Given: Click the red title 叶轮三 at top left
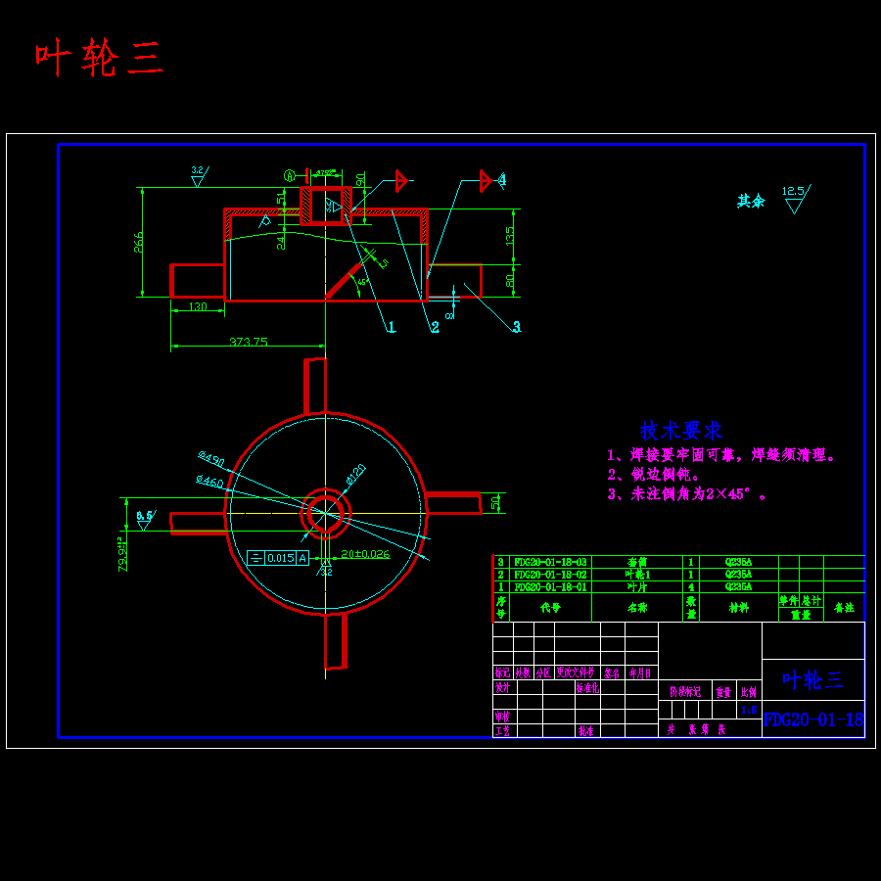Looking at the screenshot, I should tap(99, 59).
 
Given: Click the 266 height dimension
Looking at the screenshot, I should tap(139, 241).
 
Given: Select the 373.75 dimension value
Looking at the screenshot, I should tap(249, 342).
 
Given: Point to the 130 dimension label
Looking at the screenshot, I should tap(198, 307).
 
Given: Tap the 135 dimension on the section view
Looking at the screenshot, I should tap(510, 236).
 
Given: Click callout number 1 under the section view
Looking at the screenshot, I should tap(391, 327).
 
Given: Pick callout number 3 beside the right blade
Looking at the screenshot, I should tap(517, 327).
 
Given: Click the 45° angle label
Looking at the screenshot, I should tap(363, 281).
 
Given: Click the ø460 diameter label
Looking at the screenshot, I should tap(209, 482).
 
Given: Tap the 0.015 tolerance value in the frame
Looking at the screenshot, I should tap(280, 558).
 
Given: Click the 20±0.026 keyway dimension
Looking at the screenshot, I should tap(364, 554).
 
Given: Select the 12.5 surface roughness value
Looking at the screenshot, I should tap(793, 192).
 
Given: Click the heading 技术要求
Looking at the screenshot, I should tap(680, 430).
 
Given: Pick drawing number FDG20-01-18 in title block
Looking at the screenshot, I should tap(813, 720).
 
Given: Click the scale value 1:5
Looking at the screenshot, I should tap(750, 711).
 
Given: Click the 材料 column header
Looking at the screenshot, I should tap(738, 607).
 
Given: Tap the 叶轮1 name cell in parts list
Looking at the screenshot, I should tap(638, 575).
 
